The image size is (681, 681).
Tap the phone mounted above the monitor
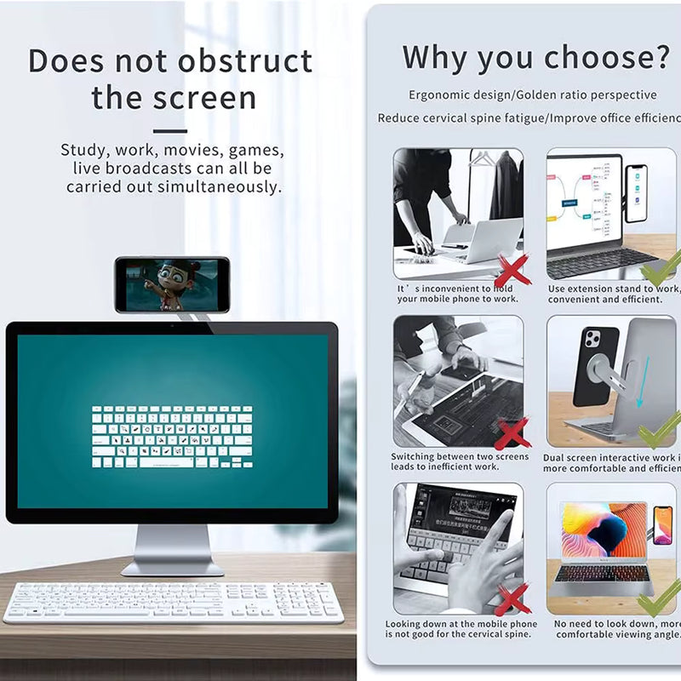[172, 285]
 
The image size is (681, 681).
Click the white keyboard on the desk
[174, 602]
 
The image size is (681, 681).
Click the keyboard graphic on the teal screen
[172, 436]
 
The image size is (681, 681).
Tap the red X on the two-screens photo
[512, 433]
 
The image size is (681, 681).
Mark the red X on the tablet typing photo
[512, 599]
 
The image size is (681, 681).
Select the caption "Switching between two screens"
[460, 457]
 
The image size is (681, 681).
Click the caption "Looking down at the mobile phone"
[461, 624]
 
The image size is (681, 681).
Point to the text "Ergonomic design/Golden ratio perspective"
[532, 95]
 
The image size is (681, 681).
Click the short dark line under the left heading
[171, 131]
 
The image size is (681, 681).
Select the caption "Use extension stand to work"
[613, 289]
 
